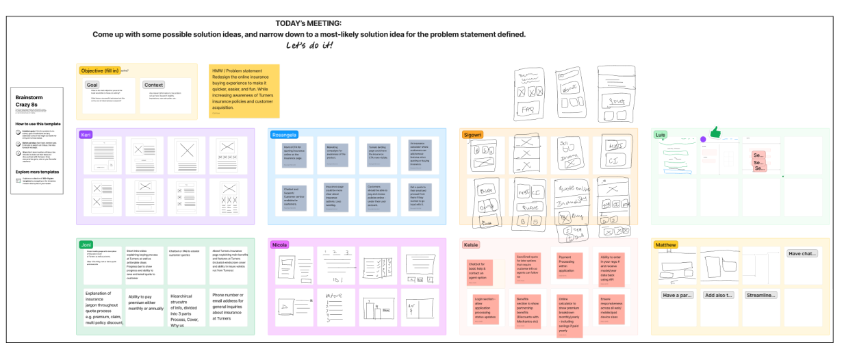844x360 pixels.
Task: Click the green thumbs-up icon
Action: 715,133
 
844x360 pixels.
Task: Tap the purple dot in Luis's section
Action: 703,139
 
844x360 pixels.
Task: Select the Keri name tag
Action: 86,135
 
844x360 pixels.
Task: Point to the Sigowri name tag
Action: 472,135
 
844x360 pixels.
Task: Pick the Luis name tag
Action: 660,135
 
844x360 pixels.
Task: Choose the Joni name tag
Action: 86,244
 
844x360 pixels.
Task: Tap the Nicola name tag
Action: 280,244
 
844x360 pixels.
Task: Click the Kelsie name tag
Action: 471,244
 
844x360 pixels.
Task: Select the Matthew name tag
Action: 665,244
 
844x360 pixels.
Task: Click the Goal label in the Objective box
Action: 92,85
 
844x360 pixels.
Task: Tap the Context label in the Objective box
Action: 153,85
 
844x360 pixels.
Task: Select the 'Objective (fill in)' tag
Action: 100,70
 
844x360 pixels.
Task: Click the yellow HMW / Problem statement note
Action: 244,91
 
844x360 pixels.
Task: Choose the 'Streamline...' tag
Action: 761,295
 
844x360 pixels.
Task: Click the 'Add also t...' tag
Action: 719,295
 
